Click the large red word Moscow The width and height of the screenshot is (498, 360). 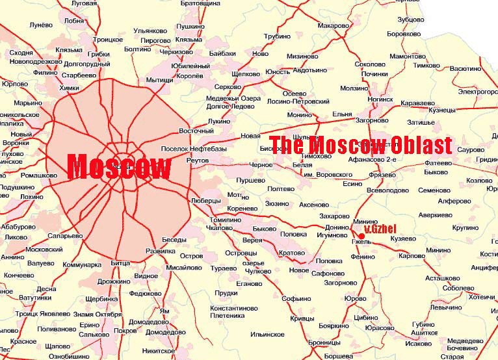119,167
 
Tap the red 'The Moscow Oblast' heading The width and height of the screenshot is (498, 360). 360,145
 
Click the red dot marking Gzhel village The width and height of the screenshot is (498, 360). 361,236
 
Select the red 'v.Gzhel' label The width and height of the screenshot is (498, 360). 380,230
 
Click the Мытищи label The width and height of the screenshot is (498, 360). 159,80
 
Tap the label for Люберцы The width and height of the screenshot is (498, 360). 207,201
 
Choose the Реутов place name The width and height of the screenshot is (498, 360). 197,159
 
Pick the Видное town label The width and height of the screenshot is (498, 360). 146,276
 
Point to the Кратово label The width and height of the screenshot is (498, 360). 291,252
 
